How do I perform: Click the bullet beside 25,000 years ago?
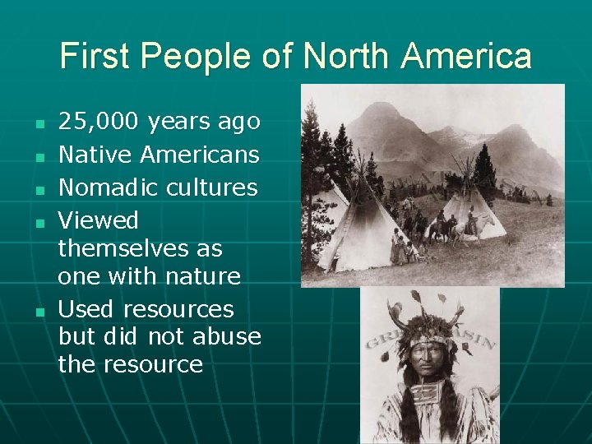tap(39, 124)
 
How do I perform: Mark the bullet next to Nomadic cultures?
tap(39, 189)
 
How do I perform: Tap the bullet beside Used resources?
tap(39, 311)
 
